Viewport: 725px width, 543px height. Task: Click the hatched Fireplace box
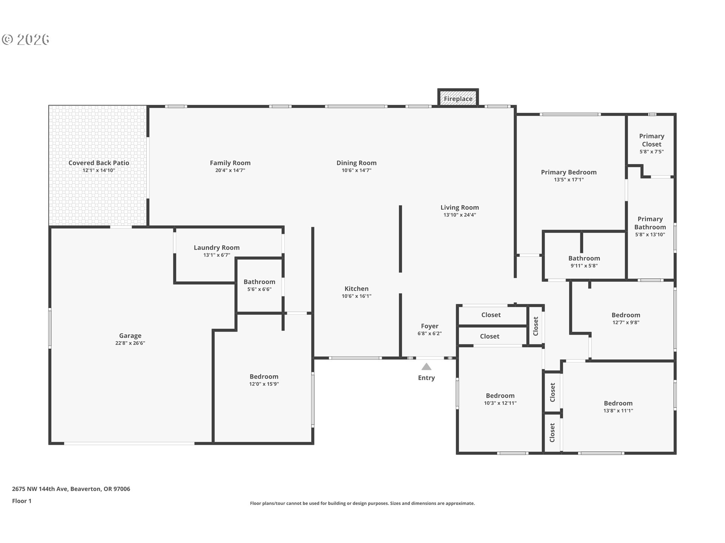point(458,98)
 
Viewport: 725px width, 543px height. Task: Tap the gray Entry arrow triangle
point(426,367)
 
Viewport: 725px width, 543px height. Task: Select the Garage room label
point(130,336)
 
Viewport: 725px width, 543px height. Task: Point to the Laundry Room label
point(217,248)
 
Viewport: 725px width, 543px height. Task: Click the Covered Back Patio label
point(99,163)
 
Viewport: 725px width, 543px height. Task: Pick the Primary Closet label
point(652,140)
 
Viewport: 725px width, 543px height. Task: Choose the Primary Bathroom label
point(650,223)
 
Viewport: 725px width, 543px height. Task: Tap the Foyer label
point(430,326)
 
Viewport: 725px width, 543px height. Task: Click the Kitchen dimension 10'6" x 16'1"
point(356,296)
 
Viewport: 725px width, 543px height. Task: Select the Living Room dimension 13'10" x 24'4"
point(460,215)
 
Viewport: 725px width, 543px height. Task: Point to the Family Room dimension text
point(230,170)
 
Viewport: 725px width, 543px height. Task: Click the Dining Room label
point(356,163)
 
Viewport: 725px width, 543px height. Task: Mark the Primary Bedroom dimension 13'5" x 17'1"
point(569,179)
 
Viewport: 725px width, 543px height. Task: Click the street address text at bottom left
point(71,489)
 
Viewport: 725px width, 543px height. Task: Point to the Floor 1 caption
point(22,501)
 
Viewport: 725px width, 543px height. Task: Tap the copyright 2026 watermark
point(26,39)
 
